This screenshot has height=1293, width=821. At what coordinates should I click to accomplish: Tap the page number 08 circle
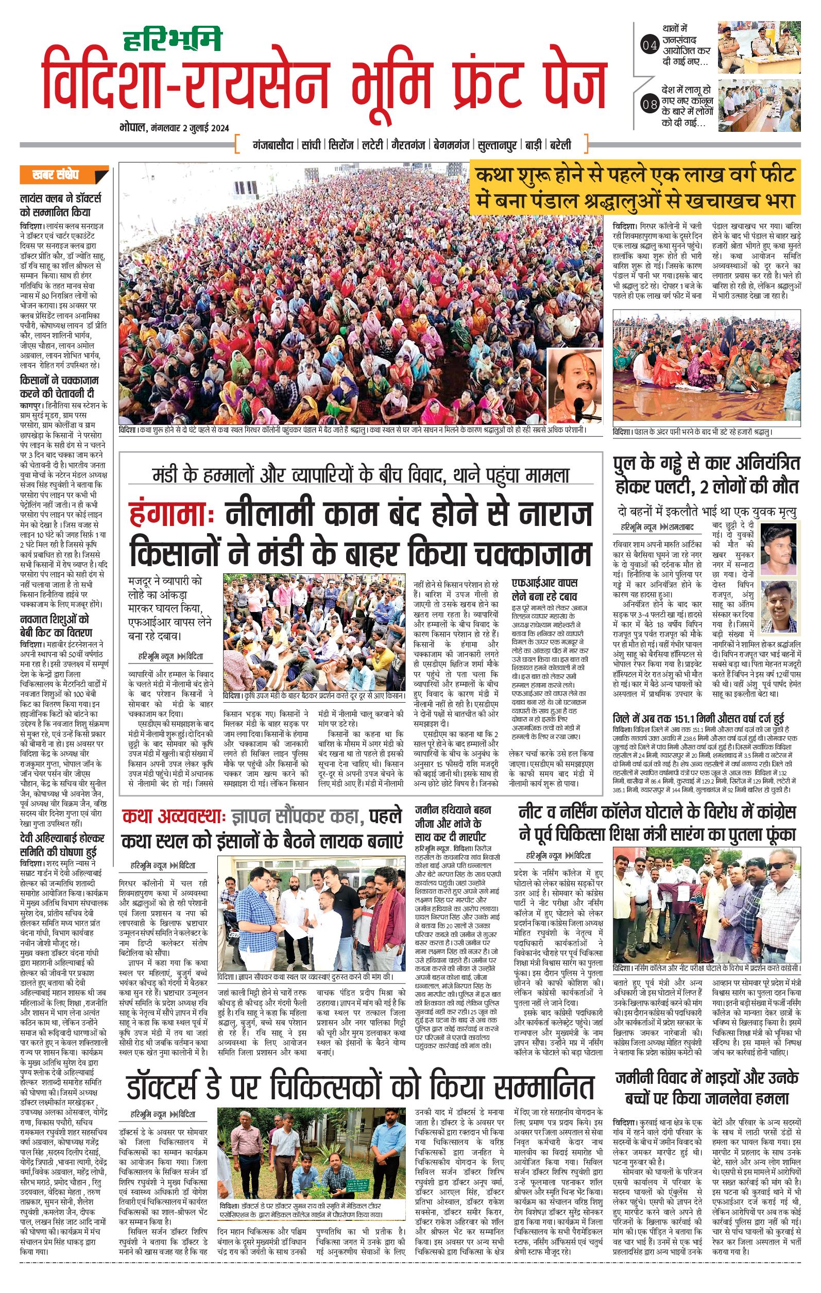(x=649, y=104)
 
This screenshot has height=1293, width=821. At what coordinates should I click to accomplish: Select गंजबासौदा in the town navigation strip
(x=273, y=145)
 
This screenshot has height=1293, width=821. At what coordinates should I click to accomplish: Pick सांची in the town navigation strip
(x=311, y=145)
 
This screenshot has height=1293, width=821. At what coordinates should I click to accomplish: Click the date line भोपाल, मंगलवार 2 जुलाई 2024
(x=175, y=128)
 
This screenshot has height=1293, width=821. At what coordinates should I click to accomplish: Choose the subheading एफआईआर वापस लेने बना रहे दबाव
(x=544, y=589)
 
